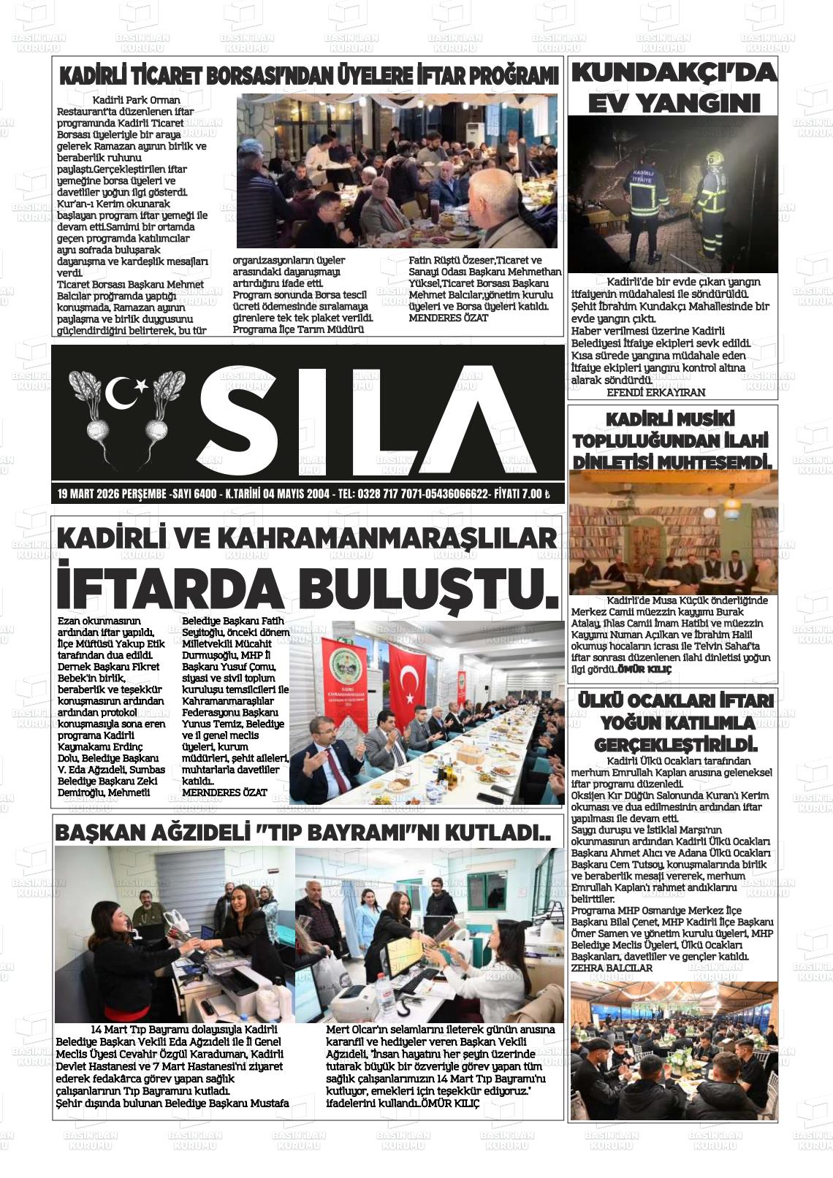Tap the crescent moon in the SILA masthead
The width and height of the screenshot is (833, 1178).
[120, 394]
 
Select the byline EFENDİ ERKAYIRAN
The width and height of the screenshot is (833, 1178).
[655, 392]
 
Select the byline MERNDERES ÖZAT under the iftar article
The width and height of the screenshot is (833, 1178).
[224, 792]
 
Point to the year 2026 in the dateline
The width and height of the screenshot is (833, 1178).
[113, 494]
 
